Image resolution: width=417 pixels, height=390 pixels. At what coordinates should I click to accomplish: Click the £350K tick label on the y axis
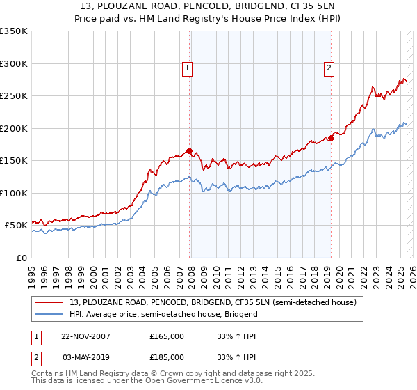tap(14, 31)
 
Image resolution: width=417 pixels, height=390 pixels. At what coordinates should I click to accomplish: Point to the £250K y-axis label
tap(14, 96)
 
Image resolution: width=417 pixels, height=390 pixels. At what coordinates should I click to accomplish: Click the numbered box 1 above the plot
tap(188, 68)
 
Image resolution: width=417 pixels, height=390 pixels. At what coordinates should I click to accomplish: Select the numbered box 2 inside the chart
tap(329, 68)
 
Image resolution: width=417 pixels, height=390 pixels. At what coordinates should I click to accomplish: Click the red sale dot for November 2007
tap(190, 150)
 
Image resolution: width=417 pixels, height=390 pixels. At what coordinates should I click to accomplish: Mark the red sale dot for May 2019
tap(331, 138)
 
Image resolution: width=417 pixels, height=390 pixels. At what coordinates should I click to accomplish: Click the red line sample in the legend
tap(49, 302)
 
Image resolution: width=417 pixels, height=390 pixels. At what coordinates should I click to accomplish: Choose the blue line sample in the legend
tap(49, 314)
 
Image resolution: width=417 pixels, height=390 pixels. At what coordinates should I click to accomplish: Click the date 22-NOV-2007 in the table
tap(85, 336)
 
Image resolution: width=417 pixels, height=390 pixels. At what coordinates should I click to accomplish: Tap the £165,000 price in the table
tap(167, 336)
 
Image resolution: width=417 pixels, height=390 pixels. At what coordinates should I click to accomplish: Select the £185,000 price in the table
tap(167, 357)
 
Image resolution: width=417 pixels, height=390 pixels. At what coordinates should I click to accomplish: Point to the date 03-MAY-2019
tap(85, 357)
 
